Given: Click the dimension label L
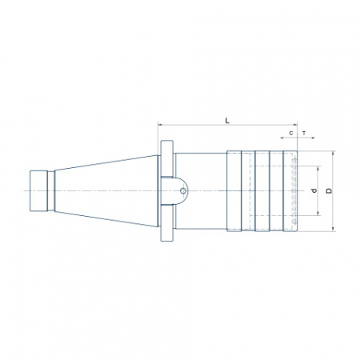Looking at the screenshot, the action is point(227,121).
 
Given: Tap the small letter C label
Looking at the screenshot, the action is point(291,133).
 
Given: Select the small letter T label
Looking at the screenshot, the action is point(304,133).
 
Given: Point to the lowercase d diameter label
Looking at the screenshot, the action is point(315,190).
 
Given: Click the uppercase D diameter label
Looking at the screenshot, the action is point(330,190).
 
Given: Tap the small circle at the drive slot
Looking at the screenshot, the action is point(183,191).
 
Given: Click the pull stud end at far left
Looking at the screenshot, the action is point(38,191).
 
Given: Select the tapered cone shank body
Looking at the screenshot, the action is point(106,191).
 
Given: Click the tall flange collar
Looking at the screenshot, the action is point(166,191).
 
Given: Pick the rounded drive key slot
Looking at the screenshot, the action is point(174,191).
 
